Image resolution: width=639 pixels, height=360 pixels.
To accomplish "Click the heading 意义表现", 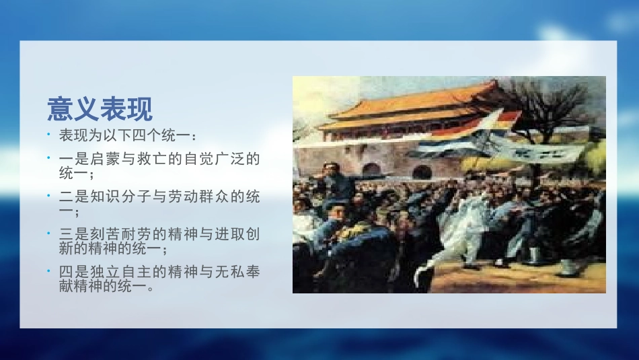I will tap(100, 108).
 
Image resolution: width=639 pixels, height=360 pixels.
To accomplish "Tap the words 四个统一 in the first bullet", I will tap(162, 136).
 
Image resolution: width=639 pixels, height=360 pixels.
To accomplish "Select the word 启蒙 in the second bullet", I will tap(104, 159).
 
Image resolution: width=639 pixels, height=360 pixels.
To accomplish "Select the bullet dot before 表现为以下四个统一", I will tap(49, 135).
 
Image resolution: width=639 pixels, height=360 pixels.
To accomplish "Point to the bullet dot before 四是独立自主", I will tap(49, 272).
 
